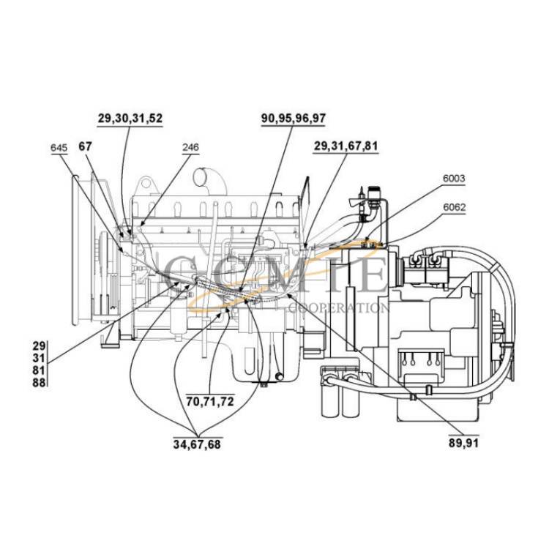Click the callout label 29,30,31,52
click(130, 118)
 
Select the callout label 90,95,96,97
click(294, 118)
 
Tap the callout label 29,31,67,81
click(346, 146)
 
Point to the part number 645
click(59, 147)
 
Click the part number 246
click(190, 147)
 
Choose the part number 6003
click(454, 178)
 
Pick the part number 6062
click(455, 207)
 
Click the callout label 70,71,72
click(210, 401)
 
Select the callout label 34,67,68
click(197, 444)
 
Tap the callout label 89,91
click(463, 443)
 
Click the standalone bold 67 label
click(85, 146)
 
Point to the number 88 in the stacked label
click(40, 382)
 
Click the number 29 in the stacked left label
click(40, 346)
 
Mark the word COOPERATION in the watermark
click(339, 308)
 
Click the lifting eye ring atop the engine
click(146, 184)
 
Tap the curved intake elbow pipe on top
click(209, 182)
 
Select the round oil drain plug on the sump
click(280, 376)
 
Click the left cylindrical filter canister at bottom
click(330, 397)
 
